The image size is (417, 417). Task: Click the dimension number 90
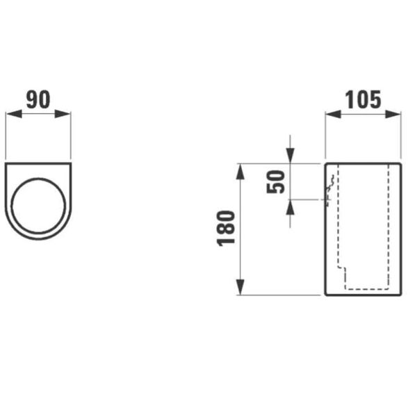[x=38, y=99]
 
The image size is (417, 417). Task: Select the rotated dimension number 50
[x=277, y=181]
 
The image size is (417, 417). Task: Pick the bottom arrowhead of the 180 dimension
[x=240, y=289]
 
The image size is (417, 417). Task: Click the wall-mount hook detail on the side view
[x=331, y=184]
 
